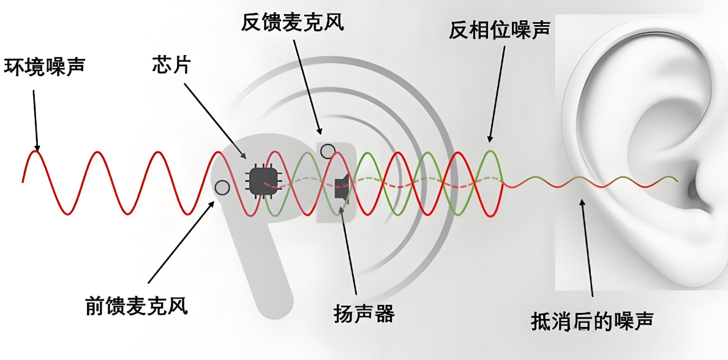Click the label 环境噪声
coord(44,66)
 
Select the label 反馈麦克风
coord(293,23)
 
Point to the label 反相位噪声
coord(499,30)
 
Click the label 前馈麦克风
coord(137,304)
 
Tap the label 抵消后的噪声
coord(593,320)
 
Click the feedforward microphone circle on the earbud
coord(222,187)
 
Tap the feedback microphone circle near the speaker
coord(328,151)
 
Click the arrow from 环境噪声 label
coord(36,119)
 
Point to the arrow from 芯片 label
coord(215,119)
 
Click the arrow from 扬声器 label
coord(350,251)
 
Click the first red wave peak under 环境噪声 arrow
coord(37,152)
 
